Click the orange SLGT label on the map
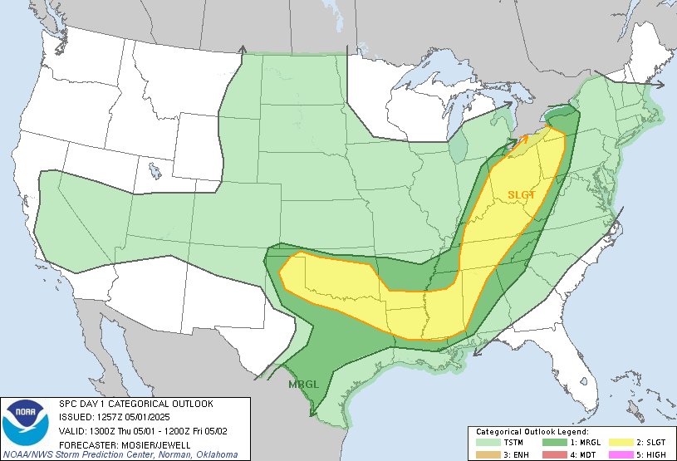click(x=522, y=194)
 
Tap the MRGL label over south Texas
click(x=302, y=385)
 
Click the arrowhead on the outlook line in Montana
click(x=242, y=51)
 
